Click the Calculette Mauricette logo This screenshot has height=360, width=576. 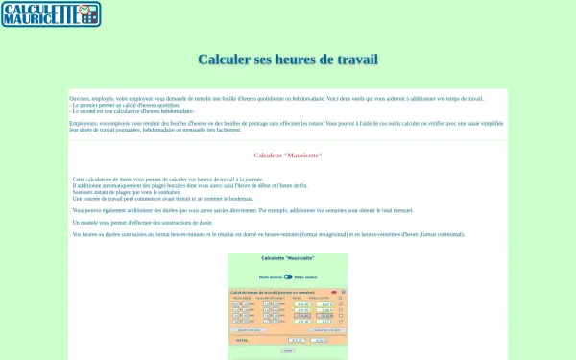pos(51,14)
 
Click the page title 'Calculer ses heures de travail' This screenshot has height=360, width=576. pos(288,60)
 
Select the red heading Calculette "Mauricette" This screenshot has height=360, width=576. pos(288,156)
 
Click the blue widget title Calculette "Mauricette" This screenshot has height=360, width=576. pos(288,259)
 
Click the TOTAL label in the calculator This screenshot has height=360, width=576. pos(241,340)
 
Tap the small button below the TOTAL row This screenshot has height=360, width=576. pos(288,351)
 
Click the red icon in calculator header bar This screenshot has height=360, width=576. pos(334,291)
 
